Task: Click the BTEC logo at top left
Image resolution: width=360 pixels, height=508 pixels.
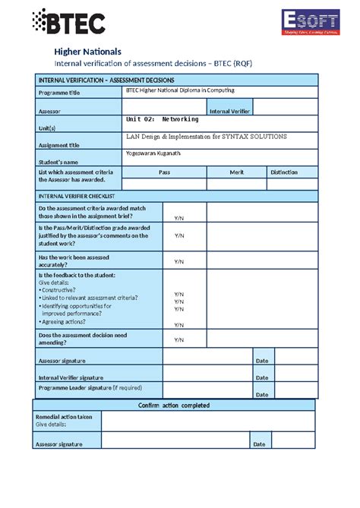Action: point(69,22)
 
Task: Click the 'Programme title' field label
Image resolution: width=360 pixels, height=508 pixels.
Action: point(60,93)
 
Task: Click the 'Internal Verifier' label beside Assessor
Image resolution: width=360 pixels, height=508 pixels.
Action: point(229,111)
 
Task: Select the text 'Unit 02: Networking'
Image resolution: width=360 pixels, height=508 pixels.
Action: point(162,119)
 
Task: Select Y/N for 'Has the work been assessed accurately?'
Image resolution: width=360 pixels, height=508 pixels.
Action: point(179,261)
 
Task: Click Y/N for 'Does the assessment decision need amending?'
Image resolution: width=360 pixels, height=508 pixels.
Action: point(179,339)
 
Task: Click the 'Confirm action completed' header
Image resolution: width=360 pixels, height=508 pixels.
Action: point(174,405)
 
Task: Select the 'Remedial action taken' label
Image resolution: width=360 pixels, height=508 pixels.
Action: point(64,417)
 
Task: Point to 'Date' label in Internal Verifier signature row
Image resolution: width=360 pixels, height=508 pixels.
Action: point(261,377)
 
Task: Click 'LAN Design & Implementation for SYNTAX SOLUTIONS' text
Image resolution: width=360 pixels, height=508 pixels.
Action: point(206,137)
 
